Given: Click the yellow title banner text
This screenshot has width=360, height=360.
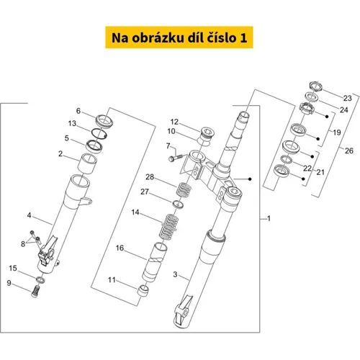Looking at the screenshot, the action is (x=179, y=37).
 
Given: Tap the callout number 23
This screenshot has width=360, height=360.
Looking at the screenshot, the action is (x=347, y=98).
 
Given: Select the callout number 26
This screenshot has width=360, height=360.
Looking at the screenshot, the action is (x=349, y=150).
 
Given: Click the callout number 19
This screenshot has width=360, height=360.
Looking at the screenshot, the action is (x=337, y=132).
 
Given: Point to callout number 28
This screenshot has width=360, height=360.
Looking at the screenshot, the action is (x=150, y=177).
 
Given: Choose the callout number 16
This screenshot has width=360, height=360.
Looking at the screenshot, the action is (x=120, y=248).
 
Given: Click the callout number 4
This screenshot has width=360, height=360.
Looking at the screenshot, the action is (x=29, y=215).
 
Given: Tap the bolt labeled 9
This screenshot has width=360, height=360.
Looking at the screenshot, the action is (x=35, y=291).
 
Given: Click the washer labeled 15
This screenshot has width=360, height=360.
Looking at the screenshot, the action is (x=40, y=280).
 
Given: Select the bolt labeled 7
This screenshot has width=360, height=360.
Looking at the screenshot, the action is (x=176, y=158).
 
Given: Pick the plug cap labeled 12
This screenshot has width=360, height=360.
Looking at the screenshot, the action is (x=207, y=133).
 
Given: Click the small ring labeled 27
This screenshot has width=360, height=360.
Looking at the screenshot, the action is (x=178, y=204).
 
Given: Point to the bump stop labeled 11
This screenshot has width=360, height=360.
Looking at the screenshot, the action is (x=143, y=290).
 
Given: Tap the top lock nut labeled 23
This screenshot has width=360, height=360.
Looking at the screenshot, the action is (x=315, y=86).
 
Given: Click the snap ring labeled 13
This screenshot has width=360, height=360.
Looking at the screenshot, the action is (x=99, y=133).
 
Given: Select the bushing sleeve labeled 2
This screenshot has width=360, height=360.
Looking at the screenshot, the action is (x=88, y=163).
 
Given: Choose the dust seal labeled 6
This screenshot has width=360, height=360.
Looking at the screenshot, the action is (x=104, y=121).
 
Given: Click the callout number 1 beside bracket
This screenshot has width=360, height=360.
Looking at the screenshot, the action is (x=269, y=218).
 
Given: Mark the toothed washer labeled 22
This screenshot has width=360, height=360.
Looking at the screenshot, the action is (x=287, y=159).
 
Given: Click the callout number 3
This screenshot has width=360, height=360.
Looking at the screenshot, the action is (x=175, y=274).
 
